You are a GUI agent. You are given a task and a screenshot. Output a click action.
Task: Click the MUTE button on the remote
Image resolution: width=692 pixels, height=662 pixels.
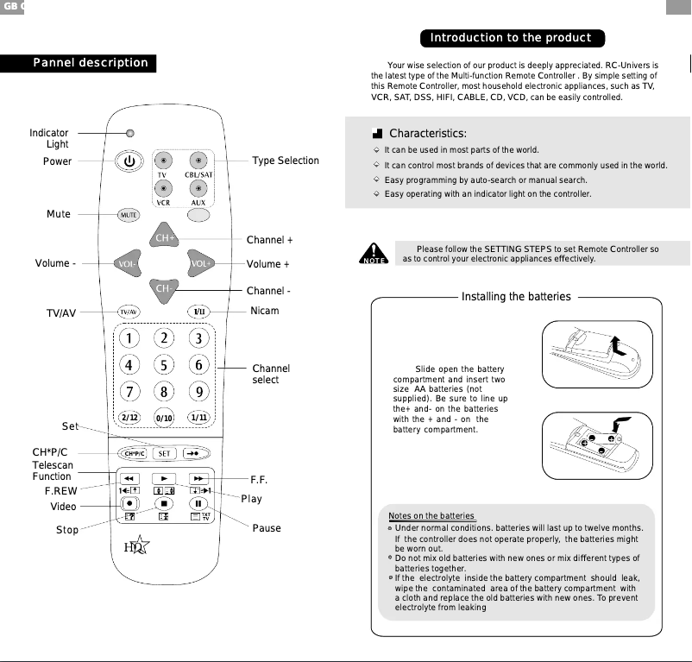coord(129,215)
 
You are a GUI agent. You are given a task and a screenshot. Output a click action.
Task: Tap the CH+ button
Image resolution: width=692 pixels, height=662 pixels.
coord(164,237)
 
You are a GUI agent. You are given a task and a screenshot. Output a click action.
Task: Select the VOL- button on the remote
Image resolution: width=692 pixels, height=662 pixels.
coord(128,263)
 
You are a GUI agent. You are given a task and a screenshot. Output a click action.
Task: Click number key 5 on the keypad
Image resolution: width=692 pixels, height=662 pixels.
coord(164,365)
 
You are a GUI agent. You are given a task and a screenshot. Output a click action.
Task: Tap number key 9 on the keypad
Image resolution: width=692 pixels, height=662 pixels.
coord(199,393)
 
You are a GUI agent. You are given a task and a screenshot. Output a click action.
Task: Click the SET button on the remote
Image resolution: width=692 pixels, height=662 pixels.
coord(164,453)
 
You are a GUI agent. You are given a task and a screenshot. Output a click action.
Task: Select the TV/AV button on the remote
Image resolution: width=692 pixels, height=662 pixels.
coord(129,312)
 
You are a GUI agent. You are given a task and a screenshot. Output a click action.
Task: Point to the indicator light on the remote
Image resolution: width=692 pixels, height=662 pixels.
coord(129,134)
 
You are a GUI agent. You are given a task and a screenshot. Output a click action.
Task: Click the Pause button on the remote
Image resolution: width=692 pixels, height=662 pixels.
coord(198,503)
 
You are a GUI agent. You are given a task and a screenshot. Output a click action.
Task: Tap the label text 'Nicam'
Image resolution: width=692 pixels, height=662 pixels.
coord(264,311)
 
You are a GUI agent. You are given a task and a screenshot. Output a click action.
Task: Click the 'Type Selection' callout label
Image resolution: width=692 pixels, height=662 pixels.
coord(285,161)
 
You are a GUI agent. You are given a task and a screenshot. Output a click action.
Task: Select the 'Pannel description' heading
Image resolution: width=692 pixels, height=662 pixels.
coord(90,63)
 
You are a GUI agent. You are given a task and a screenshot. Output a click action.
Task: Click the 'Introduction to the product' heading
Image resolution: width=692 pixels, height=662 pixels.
coord(512,38)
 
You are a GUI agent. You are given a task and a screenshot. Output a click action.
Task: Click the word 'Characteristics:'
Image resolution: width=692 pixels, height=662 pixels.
coord(428,134)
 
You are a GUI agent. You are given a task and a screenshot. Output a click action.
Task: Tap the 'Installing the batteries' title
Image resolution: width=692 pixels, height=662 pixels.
coord(516,297)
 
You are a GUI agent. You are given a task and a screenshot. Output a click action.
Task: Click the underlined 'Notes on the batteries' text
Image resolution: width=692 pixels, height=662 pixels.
coord(431,516)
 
